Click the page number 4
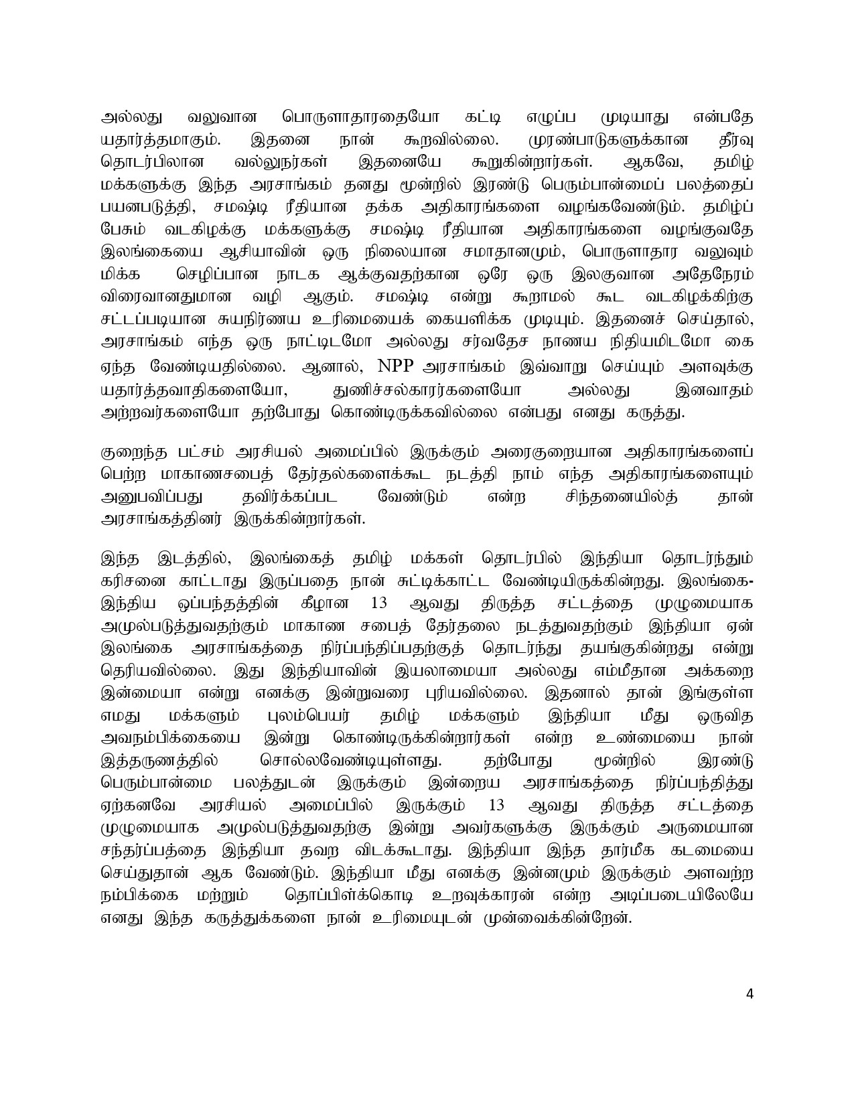click(x=750, y=1013)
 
